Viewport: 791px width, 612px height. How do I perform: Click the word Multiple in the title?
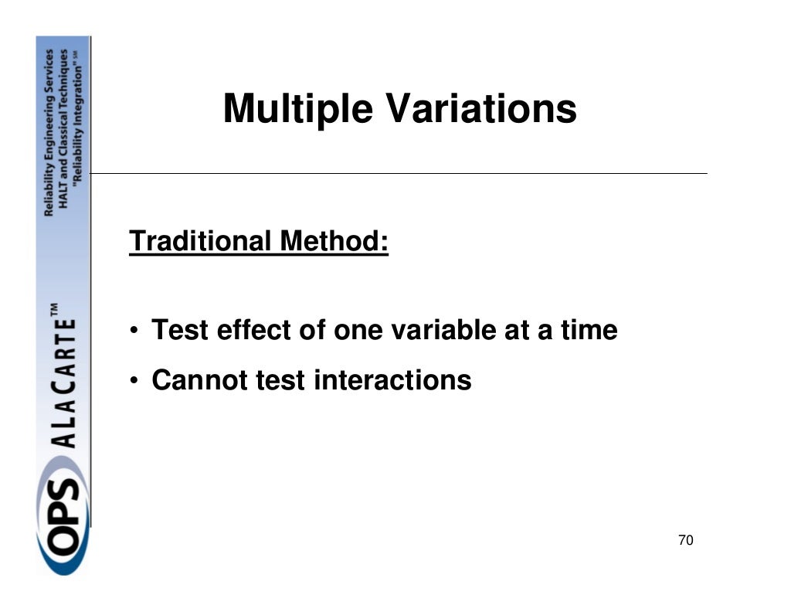(x=299, y=109)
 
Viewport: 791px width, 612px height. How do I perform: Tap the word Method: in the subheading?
(x=334, y=242)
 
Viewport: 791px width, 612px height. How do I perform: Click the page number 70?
(x=685, y=541)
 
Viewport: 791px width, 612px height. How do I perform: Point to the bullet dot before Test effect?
(x=134, y=332)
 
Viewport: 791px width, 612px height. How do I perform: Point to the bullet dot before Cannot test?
(x=134, y=381)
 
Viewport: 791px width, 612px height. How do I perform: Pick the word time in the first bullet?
(x=589, y=331)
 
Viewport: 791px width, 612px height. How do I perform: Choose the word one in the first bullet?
(x=360, y=331)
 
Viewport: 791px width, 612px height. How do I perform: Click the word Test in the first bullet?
(x=180, y=331)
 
